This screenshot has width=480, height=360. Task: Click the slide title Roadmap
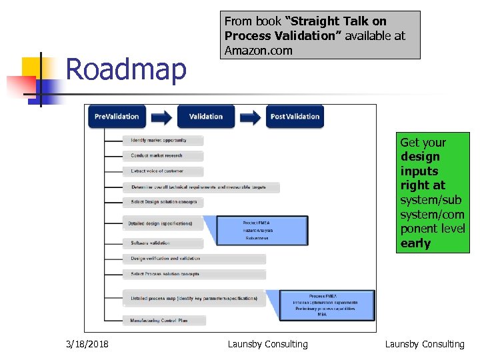click(126, 70)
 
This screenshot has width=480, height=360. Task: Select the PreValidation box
click(117, 117)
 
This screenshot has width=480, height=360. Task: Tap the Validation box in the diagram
click(206, 117)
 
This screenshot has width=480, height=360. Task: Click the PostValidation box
click(295, 117)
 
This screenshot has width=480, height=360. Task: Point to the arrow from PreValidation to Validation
click(161, 117)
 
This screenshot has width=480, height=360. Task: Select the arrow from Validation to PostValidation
click(250, 117)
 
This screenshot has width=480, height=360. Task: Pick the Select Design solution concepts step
click(163, 202)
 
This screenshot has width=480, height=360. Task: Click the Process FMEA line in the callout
click(323, 296)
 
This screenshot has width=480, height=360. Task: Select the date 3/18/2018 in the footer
click(88, 344)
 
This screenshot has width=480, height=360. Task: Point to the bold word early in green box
click(415, 243)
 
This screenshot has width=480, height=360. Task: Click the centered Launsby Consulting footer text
click(267, 344)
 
